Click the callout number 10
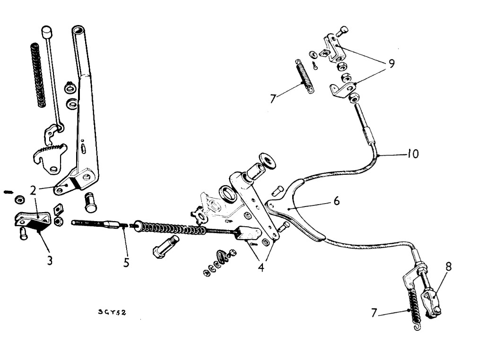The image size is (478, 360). tap(413, 154)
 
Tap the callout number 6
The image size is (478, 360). tap(336, 201)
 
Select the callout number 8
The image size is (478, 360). tap(448, 267)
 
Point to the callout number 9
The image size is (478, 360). tap(391, 64)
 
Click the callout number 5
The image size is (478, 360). tap(126, 262)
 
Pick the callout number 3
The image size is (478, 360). tap(49, 261)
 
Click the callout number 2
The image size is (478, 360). tap(33, 191)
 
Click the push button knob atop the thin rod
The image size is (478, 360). tap(46, 32)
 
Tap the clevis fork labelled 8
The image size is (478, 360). tap(432, 303)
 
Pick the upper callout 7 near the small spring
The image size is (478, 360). tap(273, 99)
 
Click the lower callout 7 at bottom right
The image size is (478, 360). tap(374, 312)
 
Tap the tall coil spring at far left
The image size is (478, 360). tap(36, 76)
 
